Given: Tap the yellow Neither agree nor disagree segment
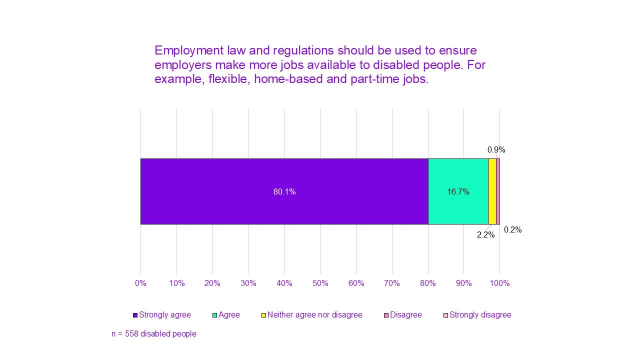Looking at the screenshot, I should pyautogui.click(x=492, y=191).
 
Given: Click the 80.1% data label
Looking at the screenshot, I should pyautogui.click(x=284, y=191).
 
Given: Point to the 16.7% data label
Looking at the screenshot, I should pyautogui.click(x=458, y=191).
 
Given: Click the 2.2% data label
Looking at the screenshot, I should pyautogui.click(x=485, y=234).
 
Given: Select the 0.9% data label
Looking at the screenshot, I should pyautogui.click(x=496, y=149).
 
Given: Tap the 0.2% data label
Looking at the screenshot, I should pyautogui.click(x=512, y=230).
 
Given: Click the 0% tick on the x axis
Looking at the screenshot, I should pyautogui.click(x=140, y=283).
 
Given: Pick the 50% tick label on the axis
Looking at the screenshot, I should pyautogui.click(x=320, y=283).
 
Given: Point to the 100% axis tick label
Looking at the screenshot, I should pyautogui.click(x=499, y=283).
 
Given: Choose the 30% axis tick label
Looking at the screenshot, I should pyautogui.click(x=248, y=283).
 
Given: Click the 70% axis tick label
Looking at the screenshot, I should pyautogui.click(x=392, y=283).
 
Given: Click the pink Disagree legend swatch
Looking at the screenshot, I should pyautogui.click(x=386, y=315).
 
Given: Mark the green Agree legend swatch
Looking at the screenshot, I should pyautogui.click(x=215, y=315).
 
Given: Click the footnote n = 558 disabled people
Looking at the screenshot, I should pyautogui.click(x=153, y=333).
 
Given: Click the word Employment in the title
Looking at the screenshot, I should pyautogui.click(x=188, y=50).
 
